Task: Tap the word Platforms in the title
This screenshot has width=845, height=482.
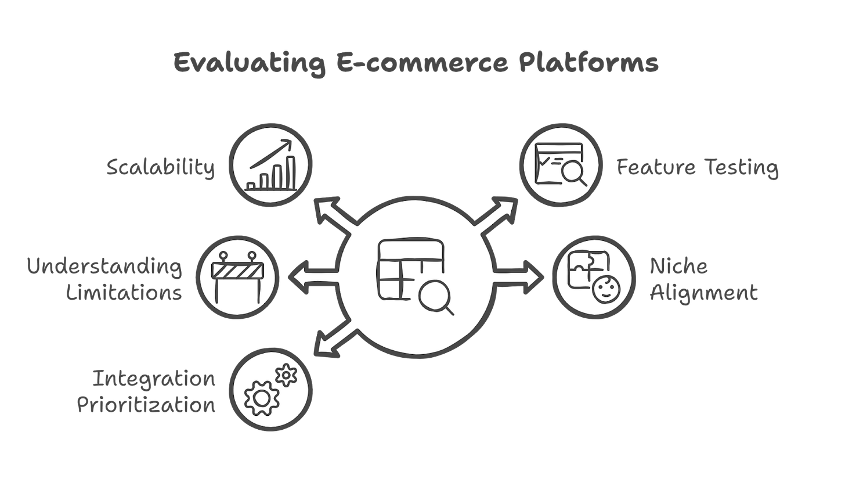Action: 587,63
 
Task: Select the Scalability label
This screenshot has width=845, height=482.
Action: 161,168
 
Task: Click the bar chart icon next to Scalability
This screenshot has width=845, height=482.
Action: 271,166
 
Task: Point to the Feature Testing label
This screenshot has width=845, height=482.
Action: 696,168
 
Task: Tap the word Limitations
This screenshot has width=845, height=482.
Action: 124,292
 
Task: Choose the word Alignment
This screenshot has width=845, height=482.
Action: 703,292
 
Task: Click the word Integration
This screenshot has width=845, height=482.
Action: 154,379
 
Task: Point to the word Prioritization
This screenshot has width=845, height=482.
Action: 146,404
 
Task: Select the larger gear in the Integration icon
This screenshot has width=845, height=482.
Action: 261,398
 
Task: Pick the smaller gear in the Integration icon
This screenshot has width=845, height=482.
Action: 286,375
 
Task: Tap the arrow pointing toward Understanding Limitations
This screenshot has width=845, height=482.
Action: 308,278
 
